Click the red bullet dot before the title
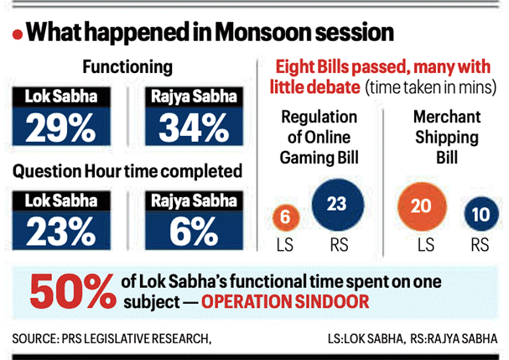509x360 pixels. pyautogui.click(x=16, y=34)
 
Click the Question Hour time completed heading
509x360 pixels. pyautogui.click(x=127, y=170)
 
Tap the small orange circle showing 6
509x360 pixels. pyautogui.click(x=286, y=216)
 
